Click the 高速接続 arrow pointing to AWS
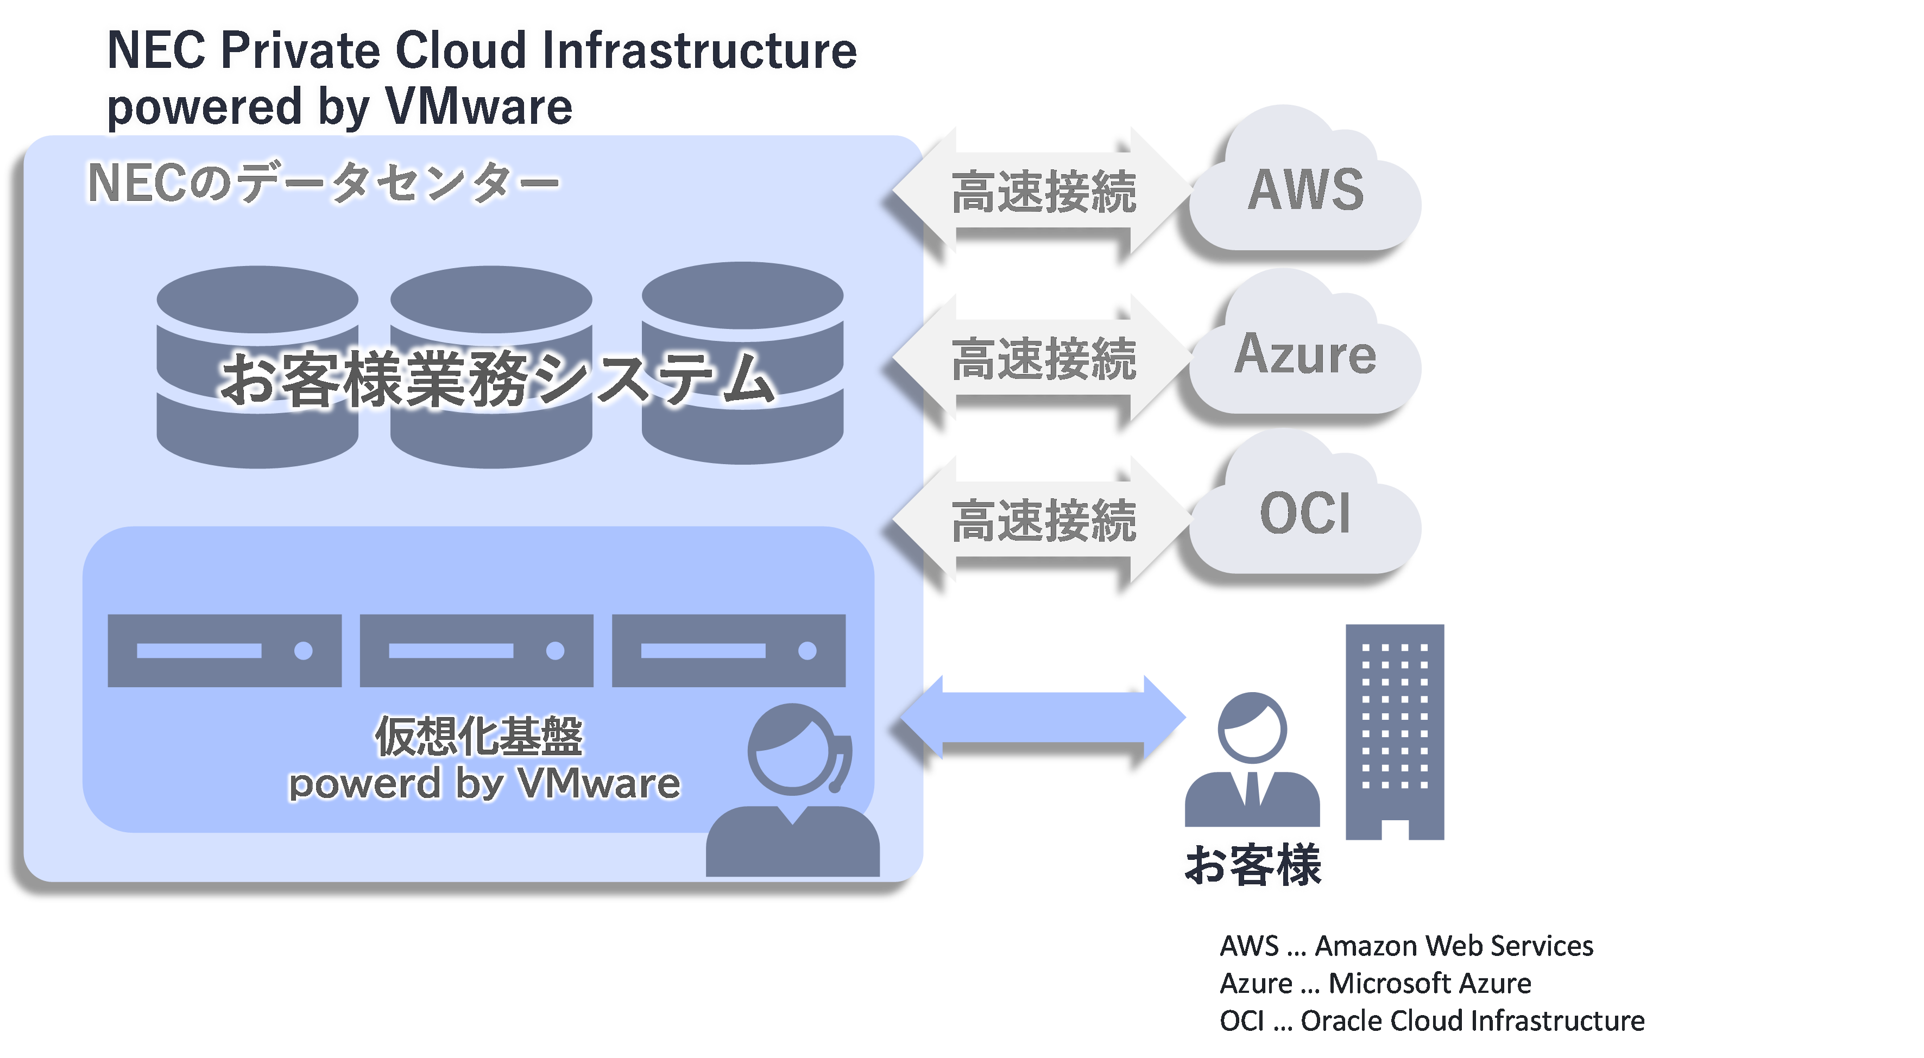(x=1043, y=191)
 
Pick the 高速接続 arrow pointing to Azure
(x=1043, y=357)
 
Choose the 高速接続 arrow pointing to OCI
(x=1043, y=520)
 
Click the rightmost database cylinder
(x=742, y=363)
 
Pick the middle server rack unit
(x=476, y=650)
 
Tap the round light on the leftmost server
(x=303, y=651)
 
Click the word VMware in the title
(x=480, y=107)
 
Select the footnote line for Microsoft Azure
(x=1375, y=983)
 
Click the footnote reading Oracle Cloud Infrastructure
(x=1432, y=1021)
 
